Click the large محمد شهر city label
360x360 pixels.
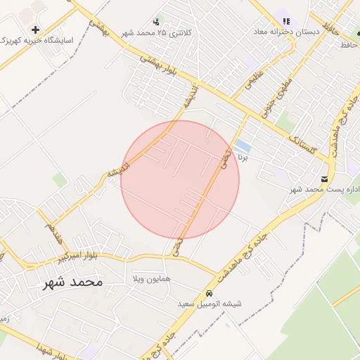click(x=72, y=282)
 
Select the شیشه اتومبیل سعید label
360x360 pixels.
click(x=209, y=304)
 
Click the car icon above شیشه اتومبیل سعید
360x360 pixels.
click(x=209, y=292)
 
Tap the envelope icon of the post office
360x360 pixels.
click(x=324, y=179)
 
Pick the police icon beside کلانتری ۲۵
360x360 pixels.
click(x=155, y=21)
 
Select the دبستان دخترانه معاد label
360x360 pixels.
click(x=285, y=32)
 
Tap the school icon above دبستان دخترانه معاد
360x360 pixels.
click(x=285, y=21)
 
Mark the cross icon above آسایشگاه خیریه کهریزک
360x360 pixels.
click(x=35, y=30)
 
